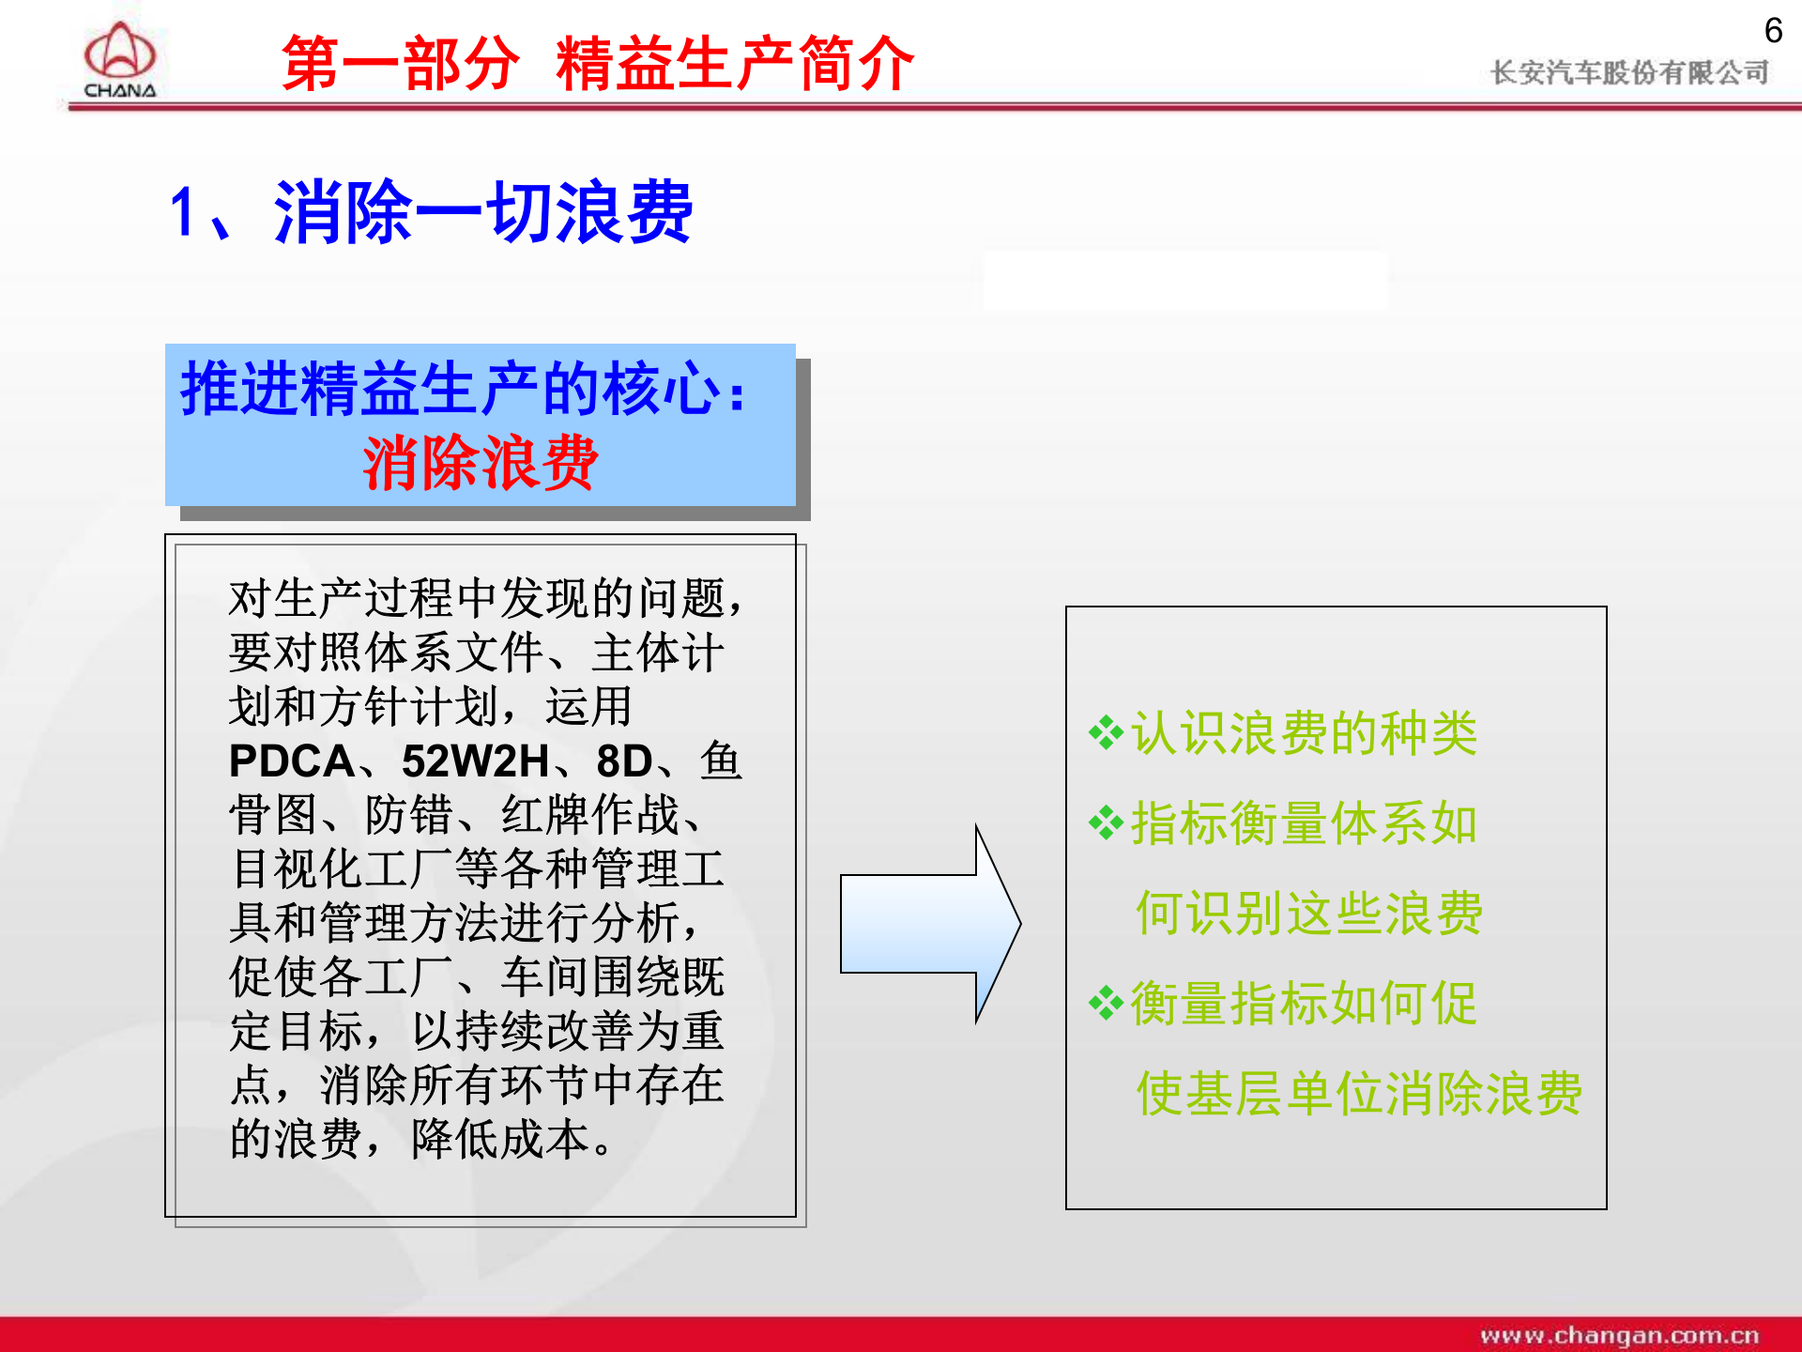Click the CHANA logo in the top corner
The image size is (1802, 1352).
tap(119, 58)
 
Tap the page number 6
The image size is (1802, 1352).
tap(1773, 31)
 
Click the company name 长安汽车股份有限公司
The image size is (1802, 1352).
tap(1629, 72)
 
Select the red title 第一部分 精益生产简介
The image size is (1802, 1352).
tap(597, 64)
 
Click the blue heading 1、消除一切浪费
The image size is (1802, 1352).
tap(430, 212)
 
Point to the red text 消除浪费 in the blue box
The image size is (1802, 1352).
tap(481, 463)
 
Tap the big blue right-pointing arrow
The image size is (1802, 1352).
tap(929, 924)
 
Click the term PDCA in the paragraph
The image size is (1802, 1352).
tap(291, 760)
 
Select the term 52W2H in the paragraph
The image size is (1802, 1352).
tap(475, 760)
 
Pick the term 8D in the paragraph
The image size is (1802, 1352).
tap(624, 760)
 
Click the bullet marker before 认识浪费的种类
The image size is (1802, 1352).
tap(1106, 733)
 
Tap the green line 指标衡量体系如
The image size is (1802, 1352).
tap(1305, 823)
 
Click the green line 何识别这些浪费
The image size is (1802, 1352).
tap(1309, 914)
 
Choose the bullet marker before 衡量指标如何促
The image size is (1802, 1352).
tap(1106, 1004)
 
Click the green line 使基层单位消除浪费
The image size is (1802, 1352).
tap(1359, 1094)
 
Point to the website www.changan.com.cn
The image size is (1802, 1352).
tap(1619, 1335)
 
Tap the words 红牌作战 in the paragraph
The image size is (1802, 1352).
tap(590, 815)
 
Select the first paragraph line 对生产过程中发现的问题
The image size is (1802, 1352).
tap(486, 598)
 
